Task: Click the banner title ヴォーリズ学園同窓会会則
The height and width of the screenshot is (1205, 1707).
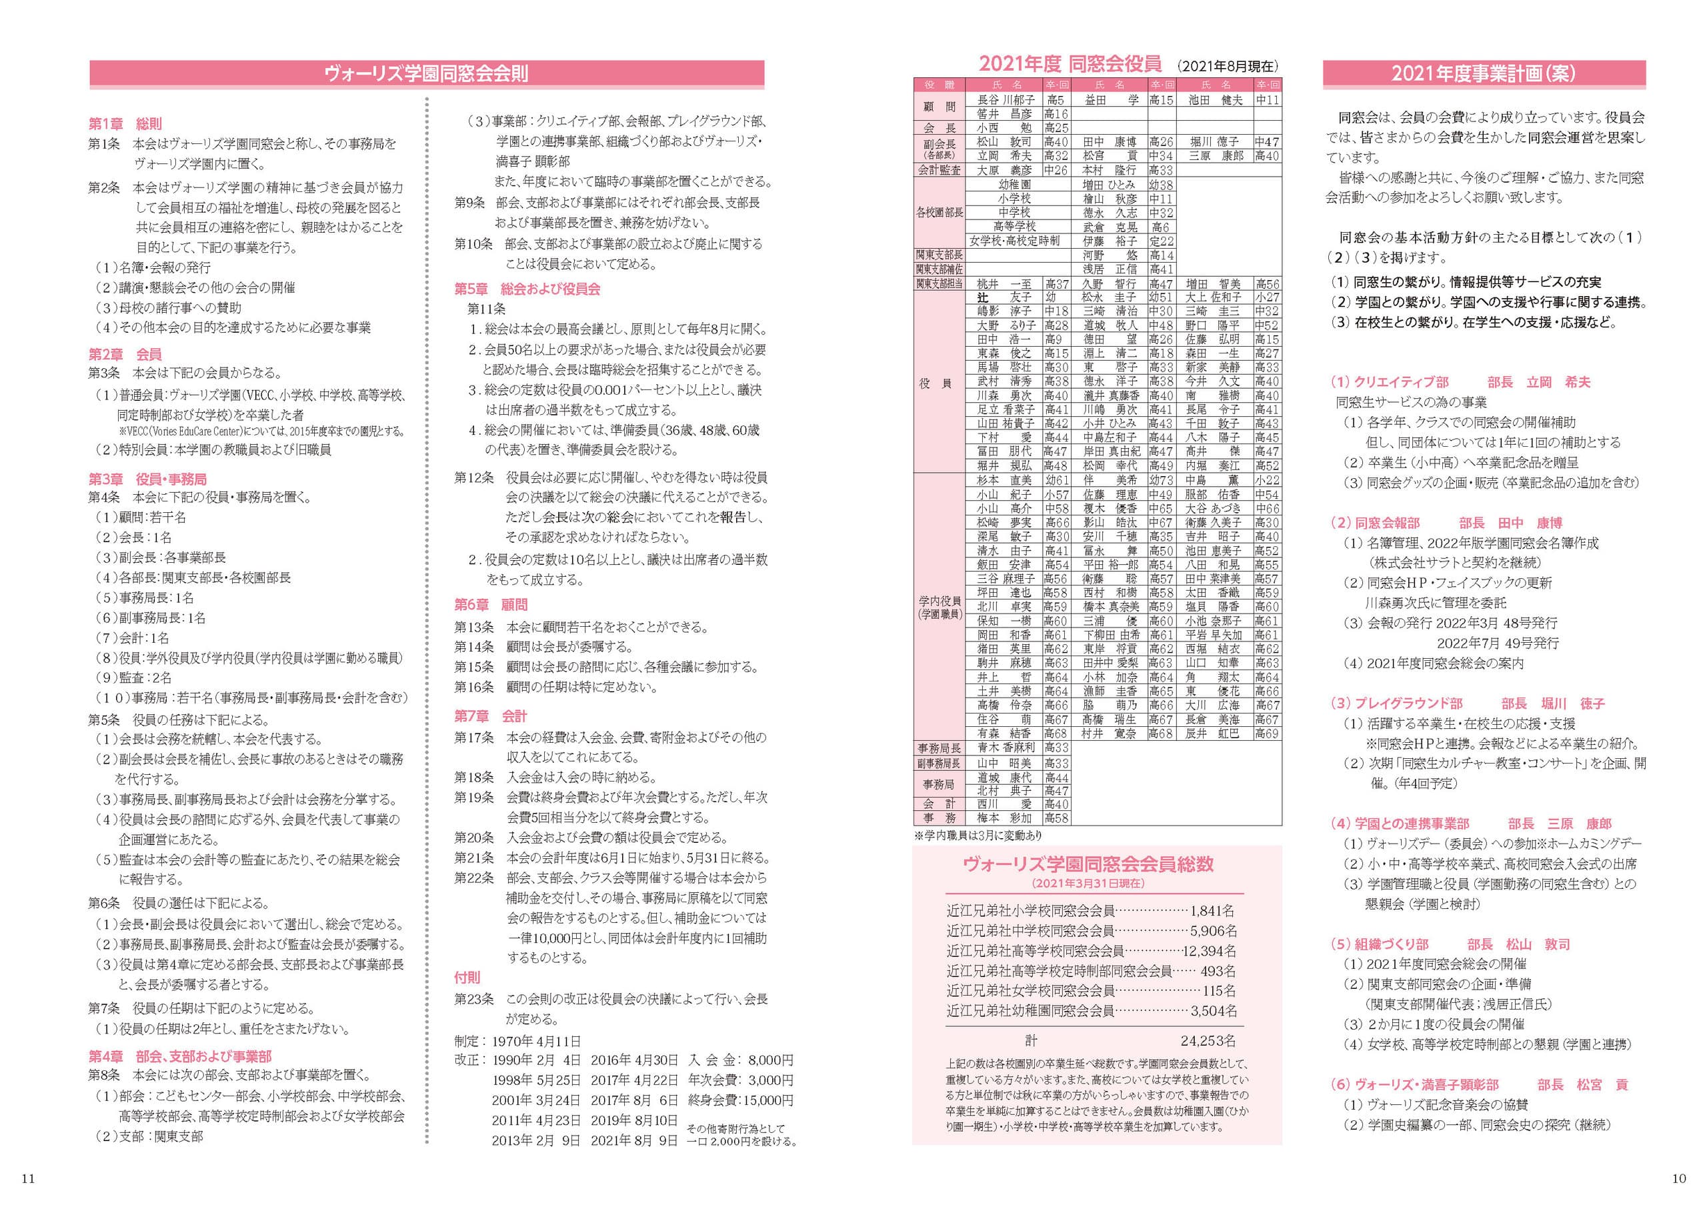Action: click(x=426, y=73)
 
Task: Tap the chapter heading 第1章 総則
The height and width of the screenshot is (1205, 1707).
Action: click(x=125, y=124)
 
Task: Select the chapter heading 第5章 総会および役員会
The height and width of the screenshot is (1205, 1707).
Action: click(x=527, y=289)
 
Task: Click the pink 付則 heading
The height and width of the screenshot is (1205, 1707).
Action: click(x=467, y=978)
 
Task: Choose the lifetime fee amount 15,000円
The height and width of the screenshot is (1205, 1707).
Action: click(x=765, y=1100)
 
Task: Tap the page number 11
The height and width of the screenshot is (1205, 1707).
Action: click(x=27, y=1178)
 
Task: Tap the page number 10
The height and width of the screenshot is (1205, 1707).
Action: click(x=1679, y=1178)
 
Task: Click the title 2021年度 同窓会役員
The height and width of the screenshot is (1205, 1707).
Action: click(x=1070, y=65)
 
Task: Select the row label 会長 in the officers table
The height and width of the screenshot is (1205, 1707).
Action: click(x=939, y=128)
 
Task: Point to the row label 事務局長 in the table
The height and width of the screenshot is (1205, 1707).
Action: click(x=939, y=748)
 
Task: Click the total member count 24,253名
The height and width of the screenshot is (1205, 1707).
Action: click(x=1208, y=1041)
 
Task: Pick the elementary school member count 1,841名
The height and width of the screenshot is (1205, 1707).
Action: click(x=1213, y=911)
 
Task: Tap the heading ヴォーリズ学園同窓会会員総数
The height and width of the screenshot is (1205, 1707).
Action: click(x=1088, y=864)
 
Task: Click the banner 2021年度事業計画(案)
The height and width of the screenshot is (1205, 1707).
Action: click(x=1484, y=73)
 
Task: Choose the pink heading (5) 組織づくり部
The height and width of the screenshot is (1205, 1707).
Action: click(x=1379, y=944)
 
